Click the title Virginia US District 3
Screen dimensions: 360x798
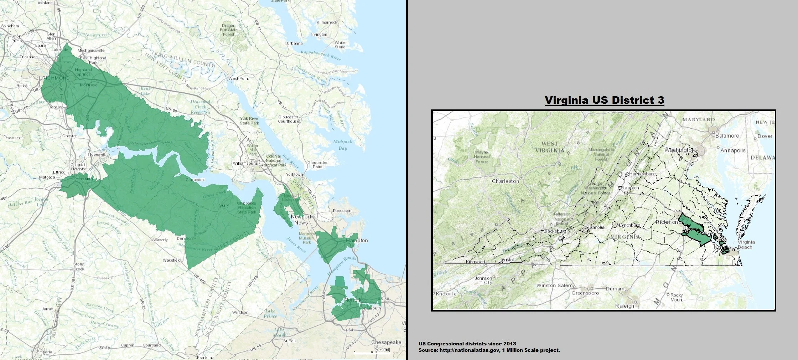click(604, 100)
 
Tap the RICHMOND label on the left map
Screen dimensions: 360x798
click(56, 78)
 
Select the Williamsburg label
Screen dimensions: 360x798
click(245, 163)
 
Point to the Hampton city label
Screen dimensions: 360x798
click(357, 241)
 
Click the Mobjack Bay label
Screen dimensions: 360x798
click(342, 145)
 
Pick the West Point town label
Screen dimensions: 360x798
click(239, 78)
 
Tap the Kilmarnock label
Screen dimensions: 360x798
click(327, 22)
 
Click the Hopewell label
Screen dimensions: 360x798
click(97, 155)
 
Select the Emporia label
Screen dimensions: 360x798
click(44, 352)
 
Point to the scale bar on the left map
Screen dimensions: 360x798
click(372, 353)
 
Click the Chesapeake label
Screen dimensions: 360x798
click(386, 342)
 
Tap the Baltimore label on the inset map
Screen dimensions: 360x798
click(727, 136)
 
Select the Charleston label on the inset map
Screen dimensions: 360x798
click(505, 181)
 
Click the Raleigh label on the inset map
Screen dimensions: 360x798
click(625, 306)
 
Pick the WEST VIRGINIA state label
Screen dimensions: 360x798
click(550, 147)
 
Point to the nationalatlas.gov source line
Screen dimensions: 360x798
click(489, 350)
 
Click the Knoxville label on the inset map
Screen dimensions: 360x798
click(446, 294)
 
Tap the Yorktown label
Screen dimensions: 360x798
click(294, 174)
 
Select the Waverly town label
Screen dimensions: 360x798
click(160, 240)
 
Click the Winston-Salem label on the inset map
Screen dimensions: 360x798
click(554, 286)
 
